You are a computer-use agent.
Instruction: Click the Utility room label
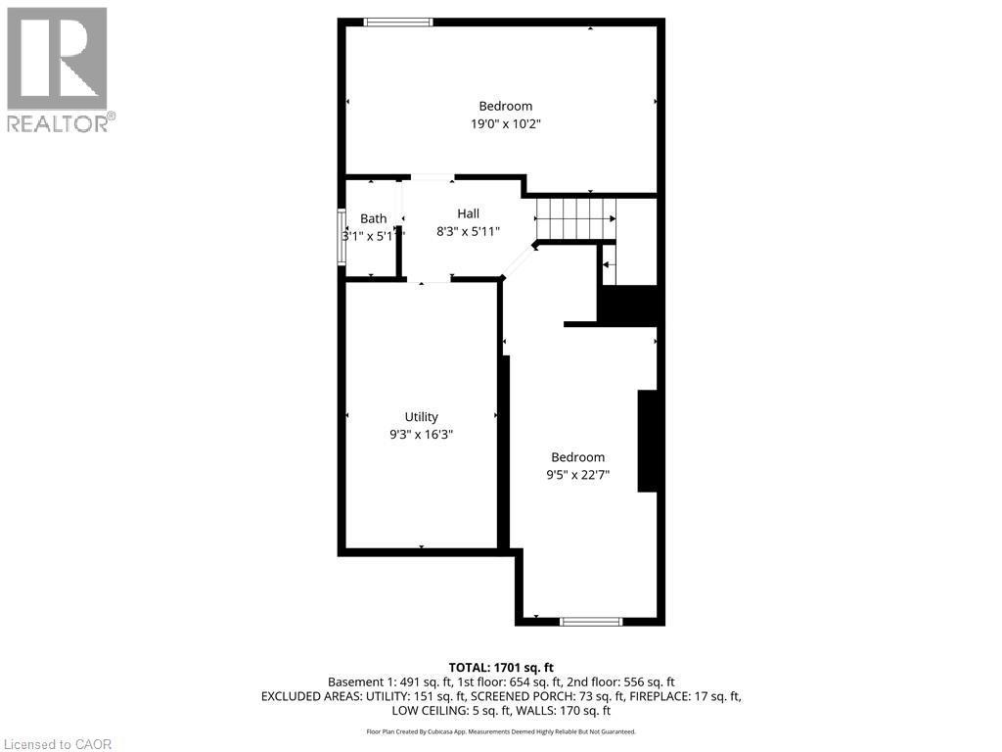(x=422, y=416)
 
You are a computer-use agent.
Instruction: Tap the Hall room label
(x=468, y=213)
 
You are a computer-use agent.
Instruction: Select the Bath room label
(x=373, y=218)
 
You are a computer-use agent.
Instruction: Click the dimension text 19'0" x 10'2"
(x=505, y=124)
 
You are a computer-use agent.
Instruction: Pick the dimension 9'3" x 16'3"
(x=422, y=434)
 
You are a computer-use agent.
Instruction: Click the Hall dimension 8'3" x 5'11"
(x=468, y=232)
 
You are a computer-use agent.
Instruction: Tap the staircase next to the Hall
(x=575, y=217)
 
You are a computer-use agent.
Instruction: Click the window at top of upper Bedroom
(x=397, y=22)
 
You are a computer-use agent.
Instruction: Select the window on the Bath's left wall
(x=342, y=237)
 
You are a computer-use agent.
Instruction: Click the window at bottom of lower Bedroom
(x=591, y=621)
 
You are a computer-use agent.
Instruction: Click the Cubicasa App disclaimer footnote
(x=501, y=731)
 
